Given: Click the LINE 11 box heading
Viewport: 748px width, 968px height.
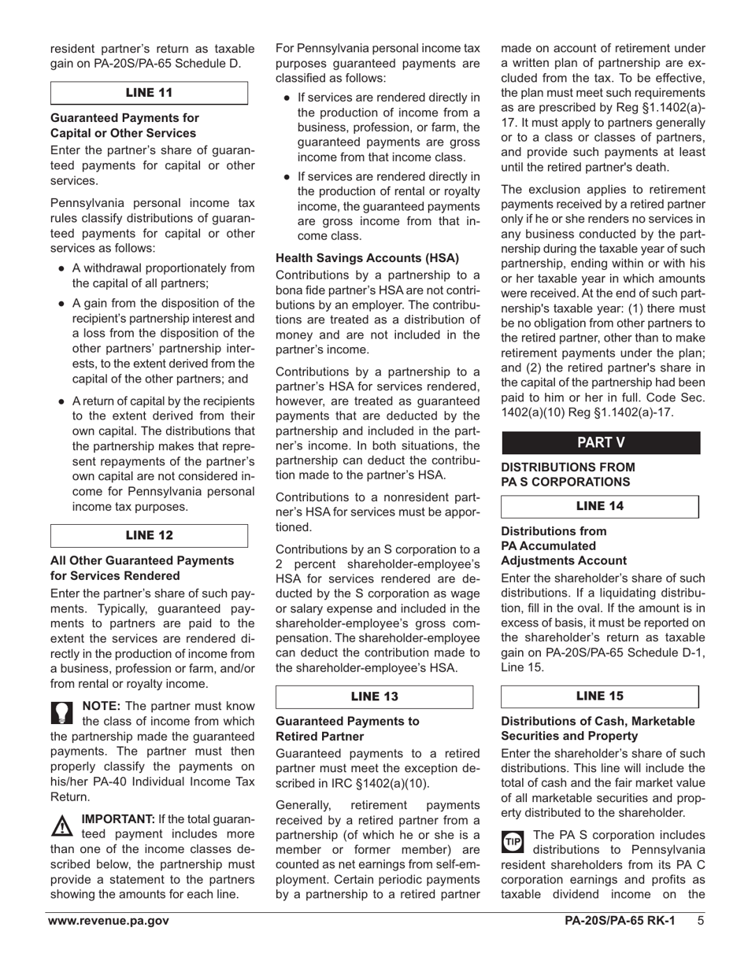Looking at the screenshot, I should (149, 93).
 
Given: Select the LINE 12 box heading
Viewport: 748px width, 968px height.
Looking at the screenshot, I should (149, 535).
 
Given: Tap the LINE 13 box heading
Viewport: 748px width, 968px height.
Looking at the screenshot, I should (374, 696).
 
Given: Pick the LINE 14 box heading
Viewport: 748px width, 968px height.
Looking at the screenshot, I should (600, 506).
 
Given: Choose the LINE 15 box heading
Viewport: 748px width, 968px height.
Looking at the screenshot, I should (600, 696).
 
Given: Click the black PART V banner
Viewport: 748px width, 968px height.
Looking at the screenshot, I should (600, 442).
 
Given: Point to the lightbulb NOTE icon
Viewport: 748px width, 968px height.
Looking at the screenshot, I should (62, 711).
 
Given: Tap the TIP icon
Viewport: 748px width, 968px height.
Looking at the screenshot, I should (513, 841).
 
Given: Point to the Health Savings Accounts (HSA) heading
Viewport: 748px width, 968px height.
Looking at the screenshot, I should (367, 258).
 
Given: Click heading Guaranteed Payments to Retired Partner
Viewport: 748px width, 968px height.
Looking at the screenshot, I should (347, 729).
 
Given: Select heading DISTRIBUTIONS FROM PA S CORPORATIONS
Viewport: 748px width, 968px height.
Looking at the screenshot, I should (568, 475).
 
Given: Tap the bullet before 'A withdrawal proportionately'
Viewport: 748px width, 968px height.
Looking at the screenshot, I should (61, 268).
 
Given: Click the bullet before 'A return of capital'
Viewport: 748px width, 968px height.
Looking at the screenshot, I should (61, 401).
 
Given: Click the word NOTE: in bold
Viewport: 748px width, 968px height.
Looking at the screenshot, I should (102, 706).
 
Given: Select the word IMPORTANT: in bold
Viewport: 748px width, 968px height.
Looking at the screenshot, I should (118, 819).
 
